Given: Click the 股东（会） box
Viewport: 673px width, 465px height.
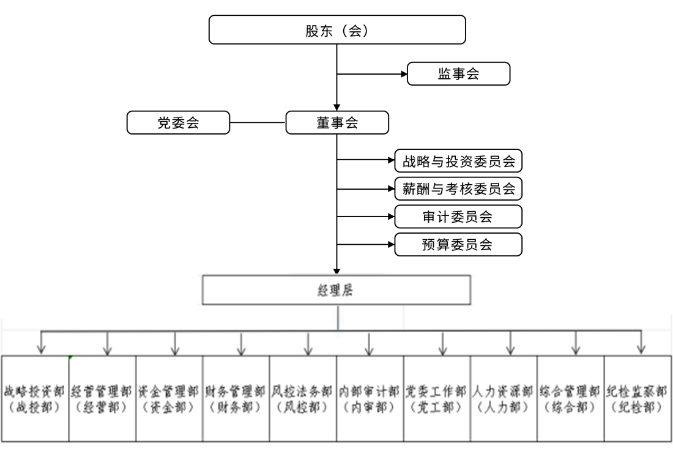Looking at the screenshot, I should (x=337, y=30).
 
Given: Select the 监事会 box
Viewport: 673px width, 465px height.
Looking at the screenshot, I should (x=458, y=73).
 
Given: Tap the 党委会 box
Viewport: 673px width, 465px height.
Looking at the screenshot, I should (x=177, y=122).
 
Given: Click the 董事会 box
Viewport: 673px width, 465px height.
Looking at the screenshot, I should (x=337, y=122).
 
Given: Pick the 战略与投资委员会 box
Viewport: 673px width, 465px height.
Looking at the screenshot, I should (x=458, y=162).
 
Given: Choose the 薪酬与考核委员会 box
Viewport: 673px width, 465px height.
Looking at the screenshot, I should (x=458, y=188).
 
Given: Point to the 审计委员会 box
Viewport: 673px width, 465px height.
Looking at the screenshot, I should (x=458, y=217).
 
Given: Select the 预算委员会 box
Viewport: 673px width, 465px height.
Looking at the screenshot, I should (x=458, y=244).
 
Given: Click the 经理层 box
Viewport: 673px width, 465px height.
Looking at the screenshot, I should (x=336, y=290).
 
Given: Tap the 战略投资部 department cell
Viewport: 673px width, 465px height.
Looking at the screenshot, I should (x=35, y=398).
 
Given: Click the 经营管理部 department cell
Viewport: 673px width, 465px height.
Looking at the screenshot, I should (x=102, y=398).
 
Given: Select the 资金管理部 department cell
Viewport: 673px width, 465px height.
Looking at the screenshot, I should (x=169, y=398).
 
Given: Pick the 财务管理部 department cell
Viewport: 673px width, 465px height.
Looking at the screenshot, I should (x=236, y=398).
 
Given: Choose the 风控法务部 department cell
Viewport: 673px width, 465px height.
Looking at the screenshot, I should (x=303, y=398).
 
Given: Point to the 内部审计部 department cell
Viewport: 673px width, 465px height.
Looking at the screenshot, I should (x=370, y=398).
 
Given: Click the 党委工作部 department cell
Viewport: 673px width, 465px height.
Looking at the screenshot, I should (x=437, y=398).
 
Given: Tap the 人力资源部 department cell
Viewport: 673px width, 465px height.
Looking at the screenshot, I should (x=504, y=398).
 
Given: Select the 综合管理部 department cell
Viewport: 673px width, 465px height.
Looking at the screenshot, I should (x=570, y=398).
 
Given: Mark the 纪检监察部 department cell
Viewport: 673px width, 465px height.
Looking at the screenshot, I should (x=636, y=398).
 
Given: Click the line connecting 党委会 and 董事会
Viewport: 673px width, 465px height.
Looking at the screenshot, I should (x=258, y=122).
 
